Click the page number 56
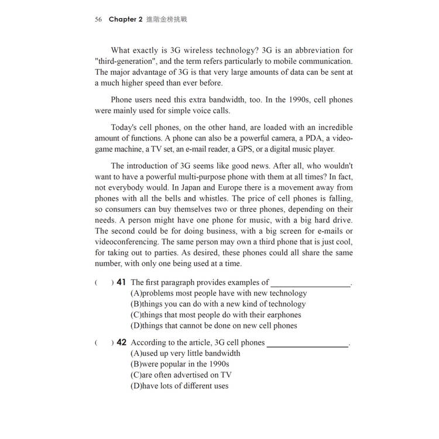click(98, 19)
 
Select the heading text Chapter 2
click(125, 19)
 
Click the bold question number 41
click(121, 282)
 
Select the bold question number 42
click(121, 342)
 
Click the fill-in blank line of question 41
click(310, 285)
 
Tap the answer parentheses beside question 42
click(104, 343)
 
